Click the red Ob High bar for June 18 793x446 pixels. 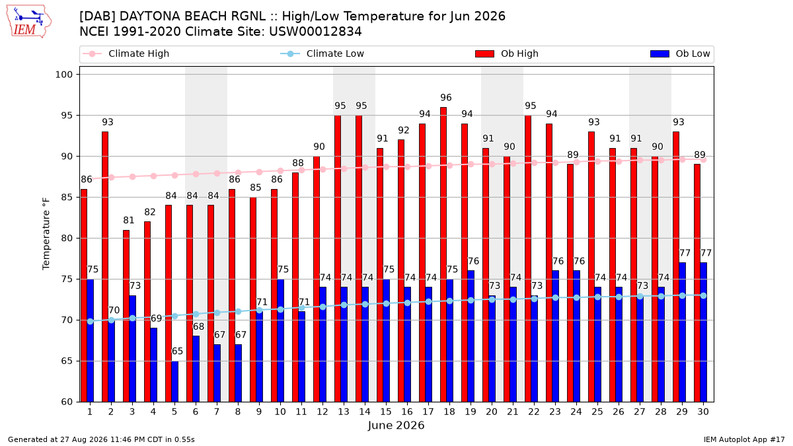[443, 254]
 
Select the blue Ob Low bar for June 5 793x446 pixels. [175, 382]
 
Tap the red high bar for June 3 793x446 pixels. [126, 316]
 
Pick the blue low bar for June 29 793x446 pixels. [682, 332]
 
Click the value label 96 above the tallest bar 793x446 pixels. [446, 97]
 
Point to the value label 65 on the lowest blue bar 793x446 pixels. [177, 351]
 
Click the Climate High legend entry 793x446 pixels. [126, 54]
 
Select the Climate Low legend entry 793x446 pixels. [322, 54]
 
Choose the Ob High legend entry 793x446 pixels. [507, 54]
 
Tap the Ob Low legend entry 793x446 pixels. [680, 54]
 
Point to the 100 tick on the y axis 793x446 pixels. [63, 75]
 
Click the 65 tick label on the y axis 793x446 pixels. [67, 361]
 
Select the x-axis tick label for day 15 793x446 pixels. [386, 412]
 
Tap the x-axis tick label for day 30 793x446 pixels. [703, 412]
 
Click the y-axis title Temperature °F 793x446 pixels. [46, 234]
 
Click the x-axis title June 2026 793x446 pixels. [396, 426]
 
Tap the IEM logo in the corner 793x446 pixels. [29, 21]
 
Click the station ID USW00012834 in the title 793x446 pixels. [315, 32]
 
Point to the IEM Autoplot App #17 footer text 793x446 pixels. [744, 439]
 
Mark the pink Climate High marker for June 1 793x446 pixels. [90, 178]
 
